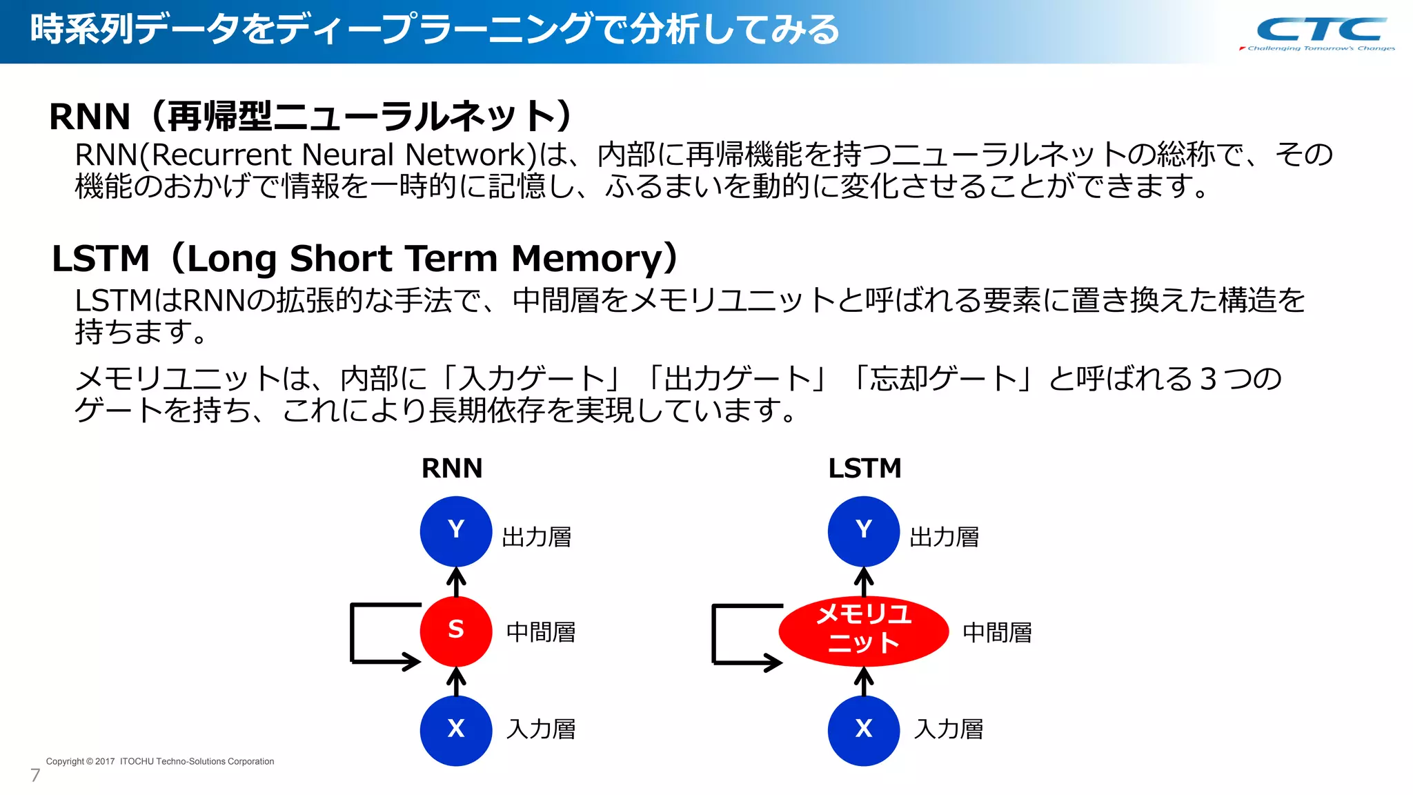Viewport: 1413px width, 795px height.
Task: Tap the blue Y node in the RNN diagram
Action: coord(455,531)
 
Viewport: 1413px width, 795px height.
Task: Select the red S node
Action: coord(455,630)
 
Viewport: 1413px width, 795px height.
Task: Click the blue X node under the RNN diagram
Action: coord(455,730)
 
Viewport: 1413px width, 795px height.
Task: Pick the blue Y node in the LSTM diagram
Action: coord(863,531)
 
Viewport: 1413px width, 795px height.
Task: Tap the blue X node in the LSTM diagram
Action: coord(863,730)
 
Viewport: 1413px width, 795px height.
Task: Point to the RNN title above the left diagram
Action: coord(452,469)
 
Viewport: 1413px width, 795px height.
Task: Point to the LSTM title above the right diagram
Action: coord(864,469)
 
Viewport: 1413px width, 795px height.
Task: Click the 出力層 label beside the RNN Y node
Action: coord(537,537)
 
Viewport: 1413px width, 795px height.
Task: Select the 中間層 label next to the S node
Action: coord(541,632)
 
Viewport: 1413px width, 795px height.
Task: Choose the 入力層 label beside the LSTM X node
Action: coord(949,729)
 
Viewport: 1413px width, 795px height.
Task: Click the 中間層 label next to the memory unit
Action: coord(997,632)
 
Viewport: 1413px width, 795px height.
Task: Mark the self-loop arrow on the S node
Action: coord(353,634)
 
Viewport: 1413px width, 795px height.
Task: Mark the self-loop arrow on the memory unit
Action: coord(715,634)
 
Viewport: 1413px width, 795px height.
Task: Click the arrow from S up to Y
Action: coord(455,582)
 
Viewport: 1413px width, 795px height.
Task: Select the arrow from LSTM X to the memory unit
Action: coord(863,681)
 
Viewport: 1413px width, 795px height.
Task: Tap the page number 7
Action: coord(35,775)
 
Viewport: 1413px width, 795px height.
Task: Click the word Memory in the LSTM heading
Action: coord(586,259)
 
